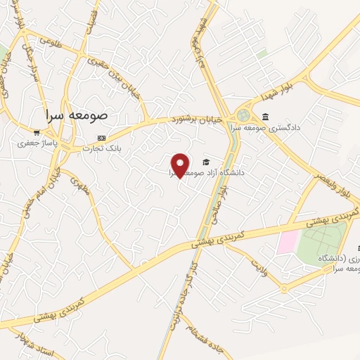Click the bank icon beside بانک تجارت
[102, 138]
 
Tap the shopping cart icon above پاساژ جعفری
[37, 131]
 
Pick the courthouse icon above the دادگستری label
[264, 116]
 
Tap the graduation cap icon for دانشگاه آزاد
[205, 160]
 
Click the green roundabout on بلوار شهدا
[244, 115]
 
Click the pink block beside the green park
[287, 242]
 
